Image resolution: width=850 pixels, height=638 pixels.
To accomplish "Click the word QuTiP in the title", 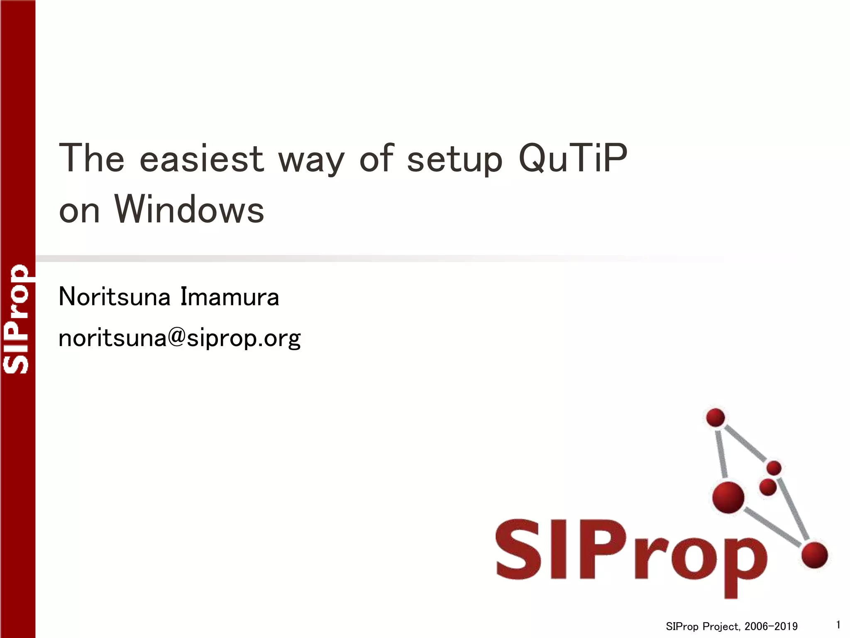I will [x=573, y=159].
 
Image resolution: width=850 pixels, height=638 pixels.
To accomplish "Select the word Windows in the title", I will [x=189, y=210].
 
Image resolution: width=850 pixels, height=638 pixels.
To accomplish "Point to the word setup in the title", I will [x=454, y=160].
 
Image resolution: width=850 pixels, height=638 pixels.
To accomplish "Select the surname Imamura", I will [x=230, y=297].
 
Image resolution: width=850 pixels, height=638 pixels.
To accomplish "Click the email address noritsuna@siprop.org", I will [x=179, y=339].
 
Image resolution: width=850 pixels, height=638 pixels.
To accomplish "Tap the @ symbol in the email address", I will [x=177, y=337].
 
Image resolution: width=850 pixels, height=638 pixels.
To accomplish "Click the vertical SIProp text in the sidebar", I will [x=17, y=319].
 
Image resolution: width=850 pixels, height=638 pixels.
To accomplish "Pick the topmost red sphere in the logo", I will [x=715, y=417].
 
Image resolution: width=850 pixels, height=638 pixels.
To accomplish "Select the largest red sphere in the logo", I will [x=728, y=497].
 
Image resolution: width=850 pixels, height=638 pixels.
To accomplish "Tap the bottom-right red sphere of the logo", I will [x=814, y=555].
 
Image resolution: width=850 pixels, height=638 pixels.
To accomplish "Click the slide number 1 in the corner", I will [x=838, y=625].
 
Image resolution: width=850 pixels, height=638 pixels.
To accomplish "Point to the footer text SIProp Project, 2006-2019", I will [x=731, y=626].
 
